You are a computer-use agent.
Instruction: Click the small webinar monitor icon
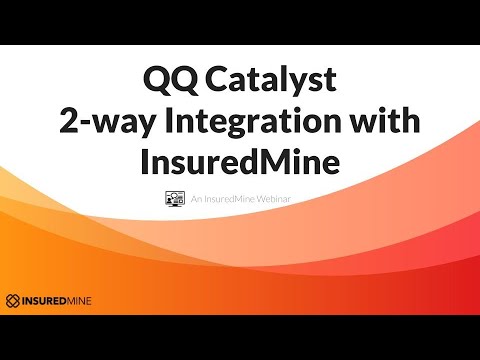pos(172,199)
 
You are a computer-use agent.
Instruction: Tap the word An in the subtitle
pos(195,199)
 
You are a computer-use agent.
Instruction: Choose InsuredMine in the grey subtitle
pos(233,199)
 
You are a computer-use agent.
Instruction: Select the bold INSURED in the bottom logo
pos(47,299)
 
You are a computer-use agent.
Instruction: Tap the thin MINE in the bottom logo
pos(89,299)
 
